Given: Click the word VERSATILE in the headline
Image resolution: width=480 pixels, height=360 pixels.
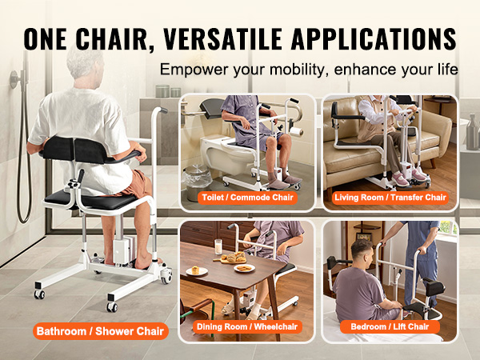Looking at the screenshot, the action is (x=222, y=39).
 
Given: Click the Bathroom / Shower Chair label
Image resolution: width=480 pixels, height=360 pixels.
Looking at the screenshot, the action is (x=101, y=331).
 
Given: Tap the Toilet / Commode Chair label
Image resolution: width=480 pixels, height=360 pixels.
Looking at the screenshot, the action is (x=247, y=198).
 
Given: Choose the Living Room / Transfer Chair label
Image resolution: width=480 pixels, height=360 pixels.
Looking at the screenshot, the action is (x=390, y=198).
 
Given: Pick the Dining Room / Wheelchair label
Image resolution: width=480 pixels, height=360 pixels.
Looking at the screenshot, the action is (x=247, y=326).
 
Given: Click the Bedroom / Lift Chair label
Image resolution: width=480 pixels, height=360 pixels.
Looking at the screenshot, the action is (x=390, y=326).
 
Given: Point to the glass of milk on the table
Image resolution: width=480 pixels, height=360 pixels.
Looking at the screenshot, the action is (x=218, y=246).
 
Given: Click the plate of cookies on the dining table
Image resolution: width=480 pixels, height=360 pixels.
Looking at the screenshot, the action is (x=244, y=269).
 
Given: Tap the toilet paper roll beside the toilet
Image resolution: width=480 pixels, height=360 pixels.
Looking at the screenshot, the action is (x=296, y=131).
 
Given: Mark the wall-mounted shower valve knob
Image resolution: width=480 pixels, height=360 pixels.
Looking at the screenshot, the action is (x=14, y=79).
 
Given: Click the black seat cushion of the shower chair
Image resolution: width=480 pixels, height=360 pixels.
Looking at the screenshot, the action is (x=91, y=199).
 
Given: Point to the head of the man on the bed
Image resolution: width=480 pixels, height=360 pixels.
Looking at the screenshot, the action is (x=362, y=254).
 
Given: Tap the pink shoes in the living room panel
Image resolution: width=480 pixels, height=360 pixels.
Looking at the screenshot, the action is (x=409, y=178).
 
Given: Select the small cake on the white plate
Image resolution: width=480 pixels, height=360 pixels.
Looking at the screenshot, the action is (x=196, y=270).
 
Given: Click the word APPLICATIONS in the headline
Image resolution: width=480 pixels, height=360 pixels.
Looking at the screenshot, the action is (x=374, y=39).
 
